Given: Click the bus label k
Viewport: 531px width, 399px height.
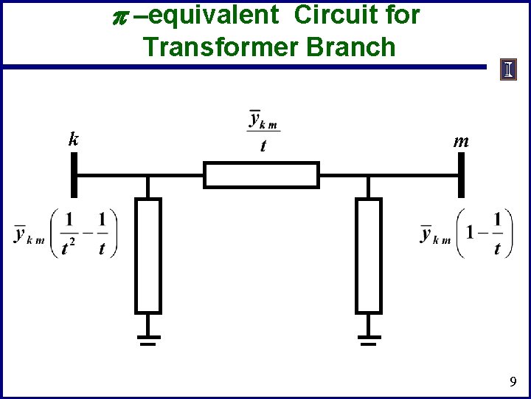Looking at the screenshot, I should (x=73, y=138).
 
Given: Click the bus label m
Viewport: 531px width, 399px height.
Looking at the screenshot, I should (x=461, y=140).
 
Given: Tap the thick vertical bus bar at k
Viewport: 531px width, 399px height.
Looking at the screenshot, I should (x=74, y=176).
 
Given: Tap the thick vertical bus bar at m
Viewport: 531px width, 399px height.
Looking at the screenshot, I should (x=461, y=176).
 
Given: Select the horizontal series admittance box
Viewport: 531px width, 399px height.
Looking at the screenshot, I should (x=261, y=176).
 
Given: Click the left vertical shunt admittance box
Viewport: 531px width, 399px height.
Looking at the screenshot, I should (x=148, y=256).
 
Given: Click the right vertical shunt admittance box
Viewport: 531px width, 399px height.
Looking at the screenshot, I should (x=369, y=256).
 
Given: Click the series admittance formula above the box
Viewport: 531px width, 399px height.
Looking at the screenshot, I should (x=263, y=131).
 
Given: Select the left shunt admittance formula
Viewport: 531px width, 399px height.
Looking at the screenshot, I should (x=66, y=233).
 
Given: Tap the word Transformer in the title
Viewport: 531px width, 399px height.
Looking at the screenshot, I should (x=221, y=47).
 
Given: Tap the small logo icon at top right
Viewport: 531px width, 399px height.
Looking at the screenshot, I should (x=509, y=69).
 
